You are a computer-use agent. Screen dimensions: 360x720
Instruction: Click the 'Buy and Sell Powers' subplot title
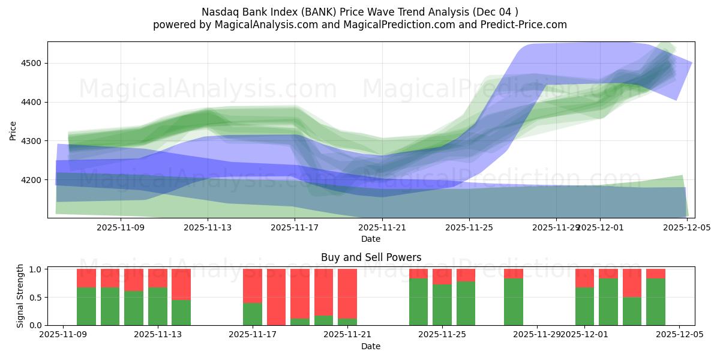pos(371,257)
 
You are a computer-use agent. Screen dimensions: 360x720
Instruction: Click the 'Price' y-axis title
pos(13,130)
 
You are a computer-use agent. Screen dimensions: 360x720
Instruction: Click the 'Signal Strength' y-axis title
pos(20,295)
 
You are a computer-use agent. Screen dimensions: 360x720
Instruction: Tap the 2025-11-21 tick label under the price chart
pos(382,227)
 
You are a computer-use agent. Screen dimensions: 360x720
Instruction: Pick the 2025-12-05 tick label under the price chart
pos(687,227)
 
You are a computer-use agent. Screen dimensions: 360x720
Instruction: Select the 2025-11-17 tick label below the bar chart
pos(253,335)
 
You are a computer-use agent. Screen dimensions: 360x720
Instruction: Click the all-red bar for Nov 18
pos(276,297)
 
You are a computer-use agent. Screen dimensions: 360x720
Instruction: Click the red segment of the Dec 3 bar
pos(632,283)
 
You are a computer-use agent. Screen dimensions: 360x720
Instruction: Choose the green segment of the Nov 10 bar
pos(110,306)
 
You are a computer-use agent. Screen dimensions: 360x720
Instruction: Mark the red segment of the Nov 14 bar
pos(181,284)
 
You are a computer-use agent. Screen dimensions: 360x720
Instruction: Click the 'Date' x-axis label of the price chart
pos(371,239)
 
